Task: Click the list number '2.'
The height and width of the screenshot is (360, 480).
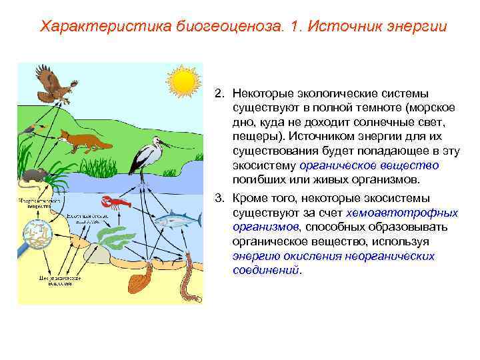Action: pyautogui.click(x=220, y=94)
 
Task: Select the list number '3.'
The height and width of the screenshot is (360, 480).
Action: pyautogui.click(x=220, y=199)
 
